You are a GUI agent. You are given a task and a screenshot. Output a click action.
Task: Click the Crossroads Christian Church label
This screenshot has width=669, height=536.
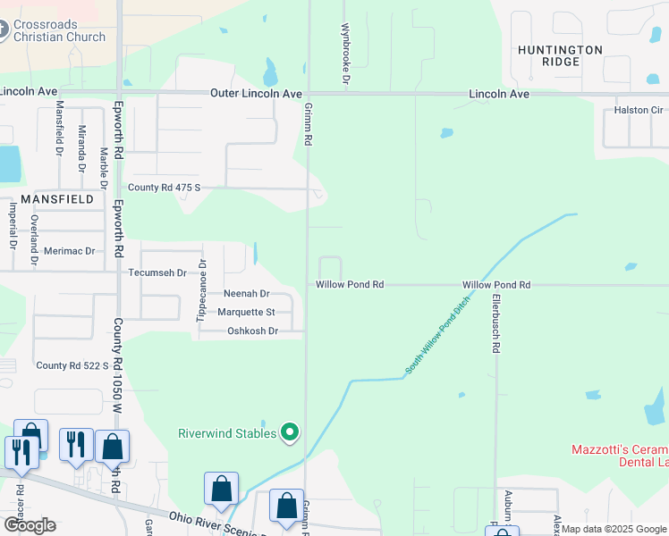59,29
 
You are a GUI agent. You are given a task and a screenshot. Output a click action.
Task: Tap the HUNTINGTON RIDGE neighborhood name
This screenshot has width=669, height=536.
560,55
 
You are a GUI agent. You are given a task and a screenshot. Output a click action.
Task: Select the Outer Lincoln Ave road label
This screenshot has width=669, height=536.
256,94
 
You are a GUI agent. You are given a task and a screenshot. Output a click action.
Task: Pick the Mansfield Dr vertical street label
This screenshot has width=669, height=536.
60,129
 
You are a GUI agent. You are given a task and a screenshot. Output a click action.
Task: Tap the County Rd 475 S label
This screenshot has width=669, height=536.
165,188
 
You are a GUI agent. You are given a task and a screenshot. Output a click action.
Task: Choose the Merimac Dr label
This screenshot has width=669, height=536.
69,251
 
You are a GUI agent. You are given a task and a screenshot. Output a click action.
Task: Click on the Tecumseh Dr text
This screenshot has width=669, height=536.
157,272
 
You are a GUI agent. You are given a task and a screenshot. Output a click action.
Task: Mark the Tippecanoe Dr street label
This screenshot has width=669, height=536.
201,289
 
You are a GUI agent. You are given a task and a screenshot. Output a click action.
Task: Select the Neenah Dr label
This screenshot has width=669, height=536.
246,293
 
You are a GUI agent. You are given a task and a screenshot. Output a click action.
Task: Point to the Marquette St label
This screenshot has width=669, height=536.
246,312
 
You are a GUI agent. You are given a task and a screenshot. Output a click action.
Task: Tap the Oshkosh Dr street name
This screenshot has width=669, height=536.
253,331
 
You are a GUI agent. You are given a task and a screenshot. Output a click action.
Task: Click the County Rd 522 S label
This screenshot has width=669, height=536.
72,365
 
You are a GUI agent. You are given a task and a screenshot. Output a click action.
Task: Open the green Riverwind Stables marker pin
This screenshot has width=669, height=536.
289,433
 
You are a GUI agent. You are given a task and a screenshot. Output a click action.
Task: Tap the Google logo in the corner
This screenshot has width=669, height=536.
30,525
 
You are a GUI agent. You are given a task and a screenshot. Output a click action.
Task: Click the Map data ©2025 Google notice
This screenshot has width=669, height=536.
614,529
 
